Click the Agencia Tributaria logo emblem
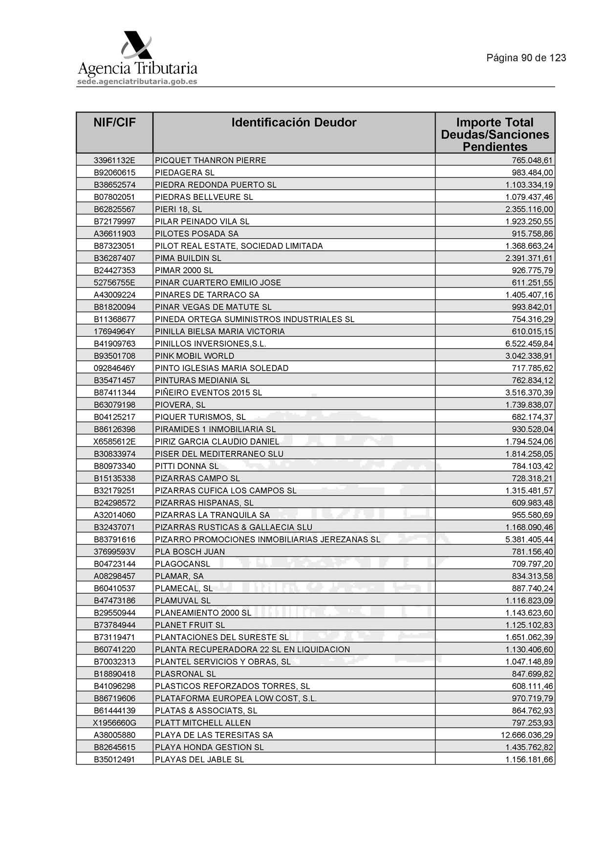[x=136, y=45]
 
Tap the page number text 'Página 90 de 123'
[x=526, y=58]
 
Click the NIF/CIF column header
[x=114, y=122]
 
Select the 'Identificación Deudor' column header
[x=294, y=122]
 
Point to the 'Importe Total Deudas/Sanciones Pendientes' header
[x=495, y=134]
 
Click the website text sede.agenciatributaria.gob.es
[x=137, y=82]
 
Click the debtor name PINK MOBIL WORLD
[x=195, y=356]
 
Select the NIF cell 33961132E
[x=114, y=160]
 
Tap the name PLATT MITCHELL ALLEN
[x=203, y=723]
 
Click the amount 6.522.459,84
[x=529, y=344]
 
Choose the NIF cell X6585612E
[x=114, y=441]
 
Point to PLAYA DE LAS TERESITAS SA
[x=214, y=735]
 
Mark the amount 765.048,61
[x=532, y=160]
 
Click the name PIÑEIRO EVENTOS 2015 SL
[x=208, y=393]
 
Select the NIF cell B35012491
[x=114, y=759]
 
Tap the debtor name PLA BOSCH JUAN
[x=190, y=551]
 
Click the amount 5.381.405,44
[x=529, y=539]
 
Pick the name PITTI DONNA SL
[x=187, y=466]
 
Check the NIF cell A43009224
[x=114, y=295]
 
